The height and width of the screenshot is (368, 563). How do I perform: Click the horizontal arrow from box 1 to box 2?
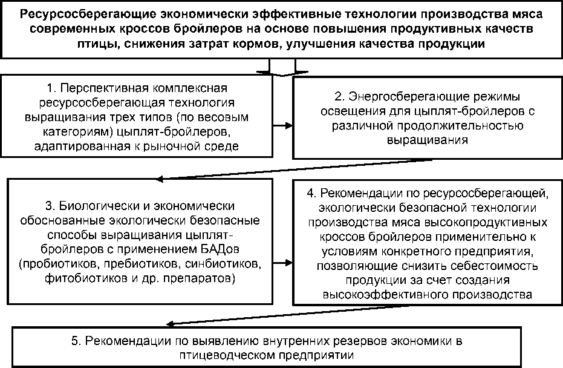coord(281,126)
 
